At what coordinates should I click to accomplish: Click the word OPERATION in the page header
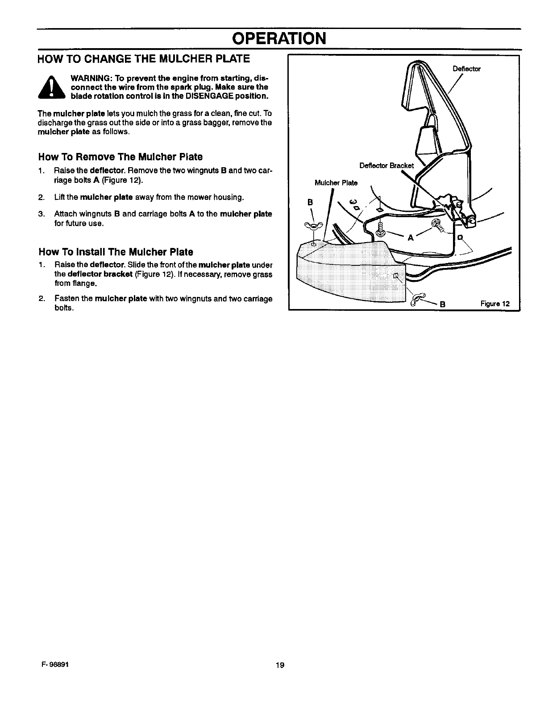278,38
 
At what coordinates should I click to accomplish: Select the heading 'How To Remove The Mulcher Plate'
120,157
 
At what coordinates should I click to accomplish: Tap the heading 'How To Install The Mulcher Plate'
116,252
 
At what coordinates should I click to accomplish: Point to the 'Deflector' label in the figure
466,69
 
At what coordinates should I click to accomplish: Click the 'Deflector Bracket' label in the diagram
386,166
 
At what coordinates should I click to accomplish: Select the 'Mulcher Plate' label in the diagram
336,183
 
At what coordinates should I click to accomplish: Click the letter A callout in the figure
411,238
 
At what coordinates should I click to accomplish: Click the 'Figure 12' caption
494,304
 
